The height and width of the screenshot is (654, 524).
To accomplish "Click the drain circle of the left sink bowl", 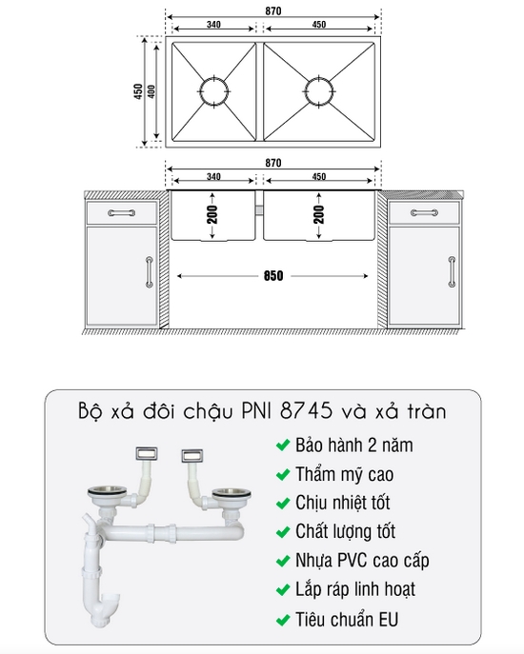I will click(213, 91).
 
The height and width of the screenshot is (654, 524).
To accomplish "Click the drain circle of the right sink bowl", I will click(318, 91).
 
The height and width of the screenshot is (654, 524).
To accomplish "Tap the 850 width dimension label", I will click(273, 277).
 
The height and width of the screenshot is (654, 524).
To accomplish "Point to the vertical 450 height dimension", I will click(138, 91).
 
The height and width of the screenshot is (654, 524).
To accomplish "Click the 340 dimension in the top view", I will click(212, 26).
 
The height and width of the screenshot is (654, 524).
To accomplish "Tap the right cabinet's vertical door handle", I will click(450, 271).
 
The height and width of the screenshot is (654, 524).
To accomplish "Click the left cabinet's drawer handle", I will click(121, 212).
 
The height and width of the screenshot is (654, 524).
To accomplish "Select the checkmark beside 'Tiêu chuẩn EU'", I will click(282, 620).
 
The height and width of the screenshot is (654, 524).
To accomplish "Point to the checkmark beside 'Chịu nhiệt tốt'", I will click(282, 504).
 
